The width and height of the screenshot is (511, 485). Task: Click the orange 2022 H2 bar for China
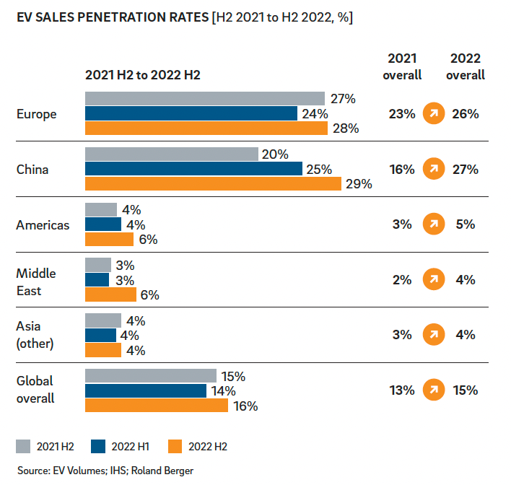pyautogui.click(x=213, y=183)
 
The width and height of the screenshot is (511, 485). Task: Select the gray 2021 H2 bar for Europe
pyautogui.click(x=205, y=99)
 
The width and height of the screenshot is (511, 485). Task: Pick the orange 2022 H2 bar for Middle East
pyautogui.click(x=110, y=294)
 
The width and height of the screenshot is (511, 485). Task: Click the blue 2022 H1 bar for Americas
pyautogui.click(x=103, y=224)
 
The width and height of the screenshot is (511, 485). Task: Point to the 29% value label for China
pyautogui.click(x=359, y=184)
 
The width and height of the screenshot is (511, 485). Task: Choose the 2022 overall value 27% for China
pyautogui.click(x=466, y=169)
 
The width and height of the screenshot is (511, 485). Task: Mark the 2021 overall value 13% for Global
pyautogui.click(x=402, y=390)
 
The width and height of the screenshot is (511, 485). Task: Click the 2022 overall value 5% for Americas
pyautogui.click(x=466, y=224)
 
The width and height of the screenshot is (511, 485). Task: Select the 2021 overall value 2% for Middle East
pyautogui.click(x=402, y=279)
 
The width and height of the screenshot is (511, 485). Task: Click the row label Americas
pyautogui.click(x=43, y=225)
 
